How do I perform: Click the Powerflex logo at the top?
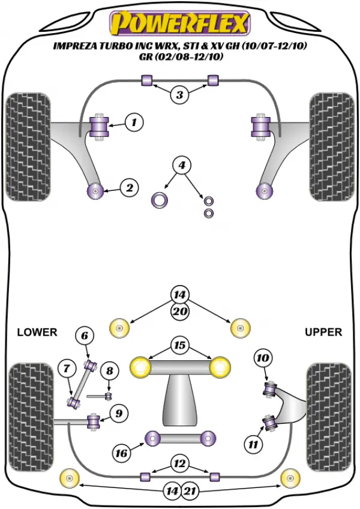pos(180,23)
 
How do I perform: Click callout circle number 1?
pos(133,122)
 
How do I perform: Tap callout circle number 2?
pos(130,188)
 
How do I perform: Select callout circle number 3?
pos(179,95)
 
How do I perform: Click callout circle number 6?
pos(85,336)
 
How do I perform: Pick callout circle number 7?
pos(67,369)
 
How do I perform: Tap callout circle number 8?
pos(109,370)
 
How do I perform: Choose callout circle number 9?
pos(119,413)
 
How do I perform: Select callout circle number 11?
pos(253,444)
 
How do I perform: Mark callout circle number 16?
pos(122,453)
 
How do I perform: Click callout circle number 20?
pos(180,312)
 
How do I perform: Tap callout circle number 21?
pos(190,491)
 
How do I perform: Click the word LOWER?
pos(37,332)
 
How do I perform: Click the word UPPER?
pos(323,332)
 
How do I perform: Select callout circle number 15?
pos(179,345)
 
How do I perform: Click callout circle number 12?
pos(179,463)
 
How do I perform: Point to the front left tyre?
pos(28,146)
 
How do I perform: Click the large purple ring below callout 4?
pos(159,200)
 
